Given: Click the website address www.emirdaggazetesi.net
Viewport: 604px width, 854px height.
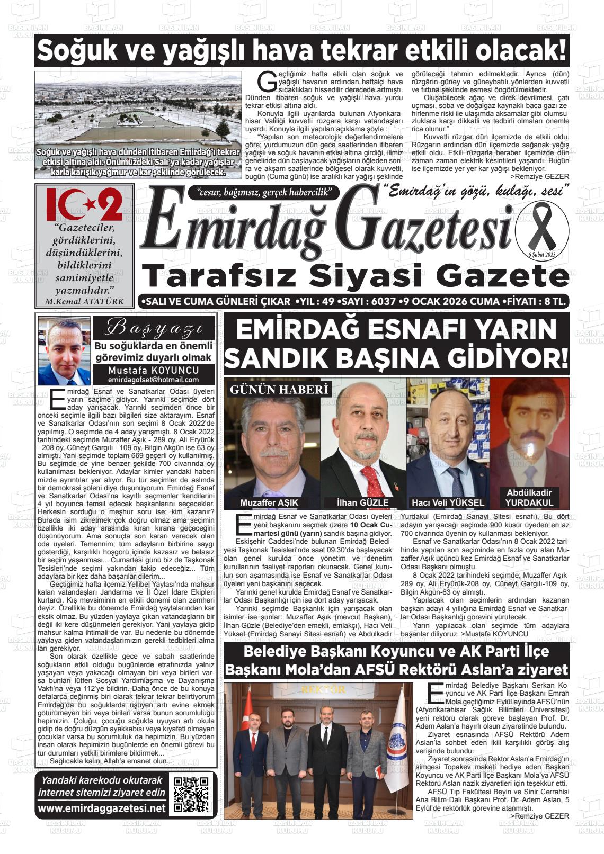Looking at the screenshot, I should pos(102,808).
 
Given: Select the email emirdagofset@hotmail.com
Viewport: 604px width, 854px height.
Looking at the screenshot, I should pos(153,380).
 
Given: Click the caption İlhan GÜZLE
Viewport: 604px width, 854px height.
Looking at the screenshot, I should pos(363,502).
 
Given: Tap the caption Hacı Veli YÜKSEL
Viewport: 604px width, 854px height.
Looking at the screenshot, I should pos(448,502).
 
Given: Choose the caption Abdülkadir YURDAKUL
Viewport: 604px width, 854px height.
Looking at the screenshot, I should pos(529,498).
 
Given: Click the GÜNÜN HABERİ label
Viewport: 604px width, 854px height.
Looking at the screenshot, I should pos(279,390).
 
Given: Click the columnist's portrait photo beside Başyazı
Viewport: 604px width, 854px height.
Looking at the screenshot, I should pos(64,351).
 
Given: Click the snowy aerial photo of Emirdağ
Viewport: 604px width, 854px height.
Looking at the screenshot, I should pos(138,125).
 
